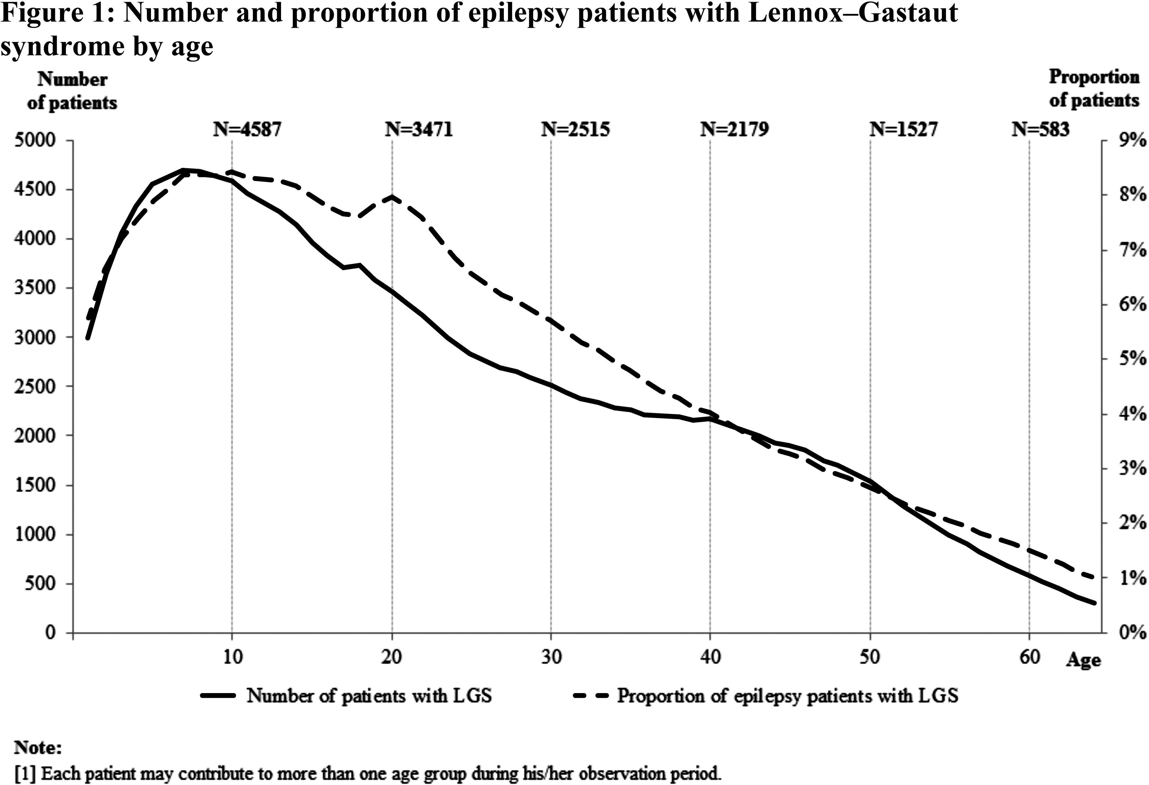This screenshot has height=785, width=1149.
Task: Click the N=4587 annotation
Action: [247, 129]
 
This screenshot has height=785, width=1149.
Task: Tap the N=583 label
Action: [1040, 129]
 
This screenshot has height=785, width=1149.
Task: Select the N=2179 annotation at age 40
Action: [734, 129]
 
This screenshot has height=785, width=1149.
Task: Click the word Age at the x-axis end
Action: [1083, 661]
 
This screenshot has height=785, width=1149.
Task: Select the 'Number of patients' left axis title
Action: [72, 91]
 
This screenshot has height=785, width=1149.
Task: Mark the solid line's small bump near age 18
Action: [359, 265]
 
